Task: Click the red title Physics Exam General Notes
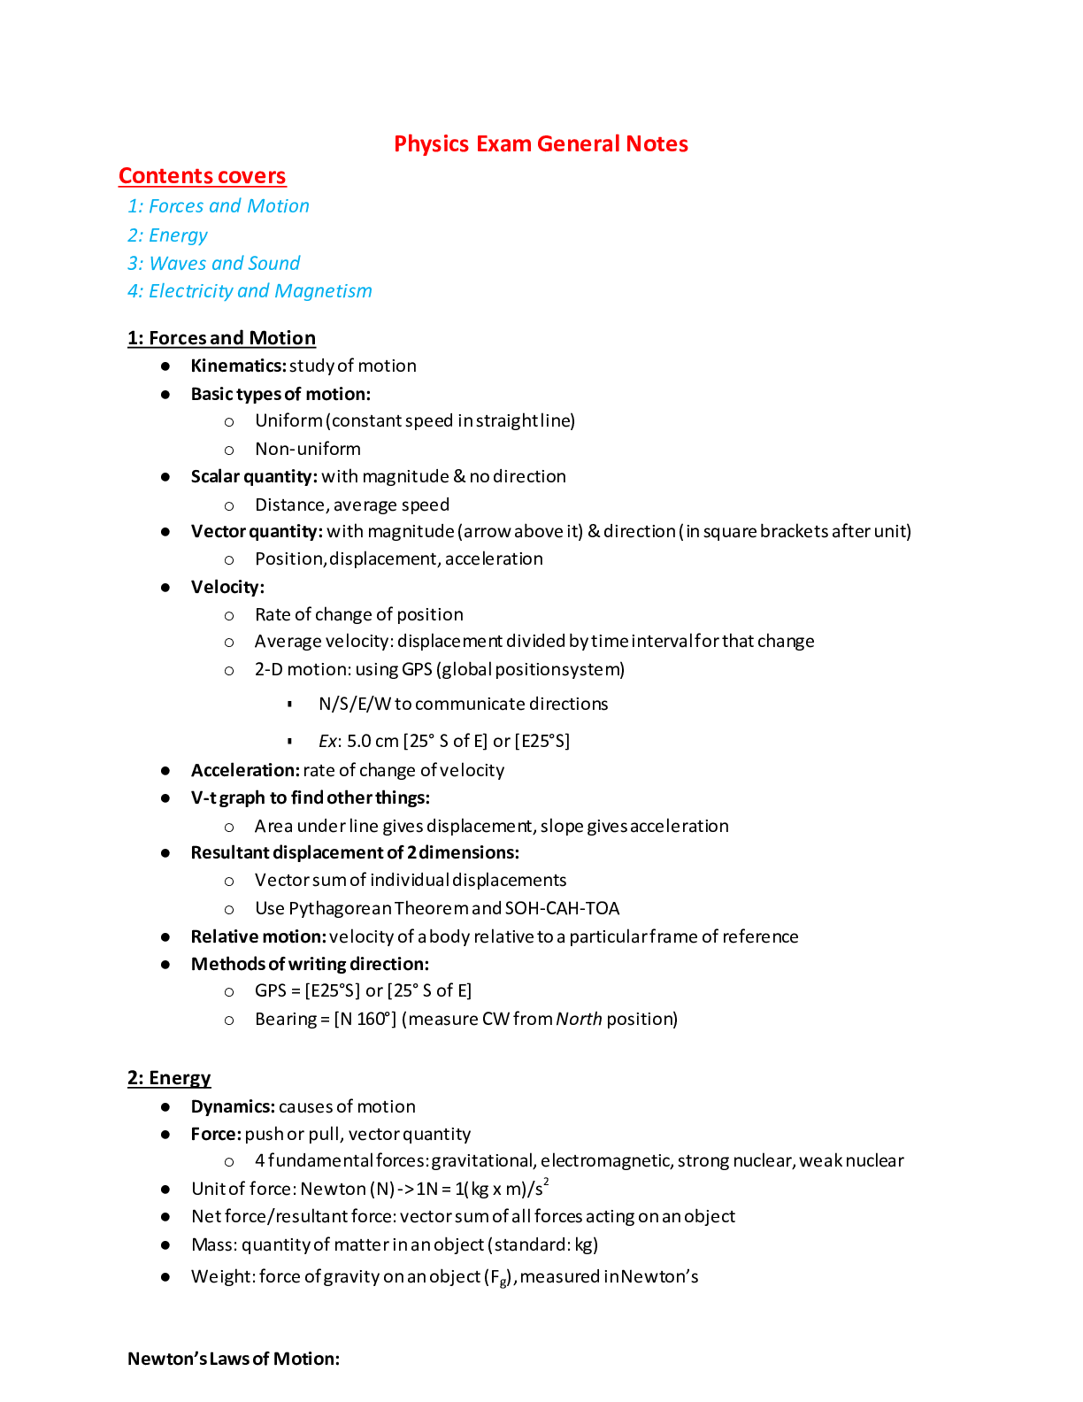pos(541,144)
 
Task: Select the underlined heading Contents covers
pos(203,176)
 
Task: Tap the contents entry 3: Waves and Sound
pos(214,264)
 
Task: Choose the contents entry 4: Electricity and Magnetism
pos(250,291)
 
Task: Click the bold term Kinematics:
pos(238,366)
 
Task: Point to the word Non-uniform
pos(308,449)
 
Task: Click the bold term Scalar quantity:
pos(254,476)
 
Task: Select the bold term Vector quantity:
pos(257,531)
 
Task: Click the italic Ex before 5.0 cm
pos(327,741)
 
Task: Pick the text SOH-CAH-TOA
pos(562,908)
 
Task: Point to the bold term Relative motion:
pos(258,936)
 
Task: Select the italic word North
pos(579,1019)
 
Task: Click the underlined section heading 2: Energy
pos(169,1078)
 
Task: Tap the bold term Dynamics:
pos(233,1106)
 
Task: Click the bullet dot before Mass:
pos(165,1244)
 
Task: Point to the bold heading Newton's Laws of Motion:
pos(234,1359)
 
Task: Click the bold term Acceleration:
pos(245,770)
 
